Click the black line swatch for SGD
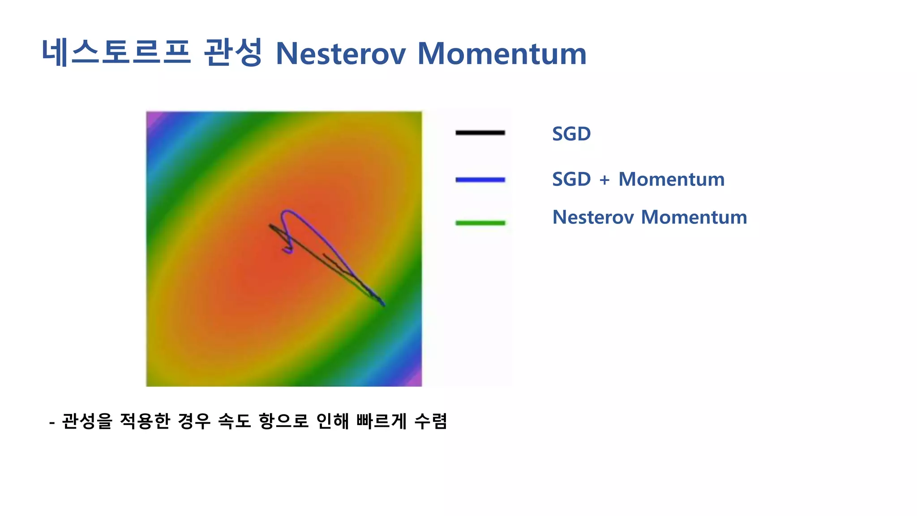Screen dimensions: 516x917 click(480, 133)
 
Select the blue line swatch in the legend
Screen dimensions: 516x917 click(480, 180)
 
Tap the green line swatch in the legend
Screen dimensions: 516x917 click(480, 223)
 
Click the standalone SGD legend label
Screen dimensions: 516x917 click(571, 134)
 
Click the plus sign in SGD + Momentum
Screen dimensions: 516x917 click(604, 180)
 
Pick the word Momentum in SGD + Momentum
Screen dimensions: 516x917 click(671, 179)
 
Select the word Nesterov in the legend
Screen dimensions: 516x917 click(593, 217)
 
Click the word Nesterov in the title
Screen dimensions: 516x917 click(341, 54)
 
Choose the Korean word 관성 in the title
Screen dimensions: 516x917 click(232, 53)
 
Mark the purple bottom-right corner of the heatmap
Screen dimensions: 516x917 click(416, 380)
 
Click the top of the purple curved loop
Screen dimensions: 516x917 click(287, 211)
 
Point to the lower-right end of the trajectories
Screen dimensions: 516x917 click(383, 305)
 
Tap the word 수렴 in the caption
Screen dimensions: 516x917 click(431, 421)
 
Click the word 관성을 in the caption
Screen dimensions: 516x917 click(87, 421)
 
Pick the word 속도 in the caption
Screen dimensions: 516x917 click(234, 421)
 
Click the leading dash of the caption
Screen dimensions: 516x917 click(52, 422)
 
